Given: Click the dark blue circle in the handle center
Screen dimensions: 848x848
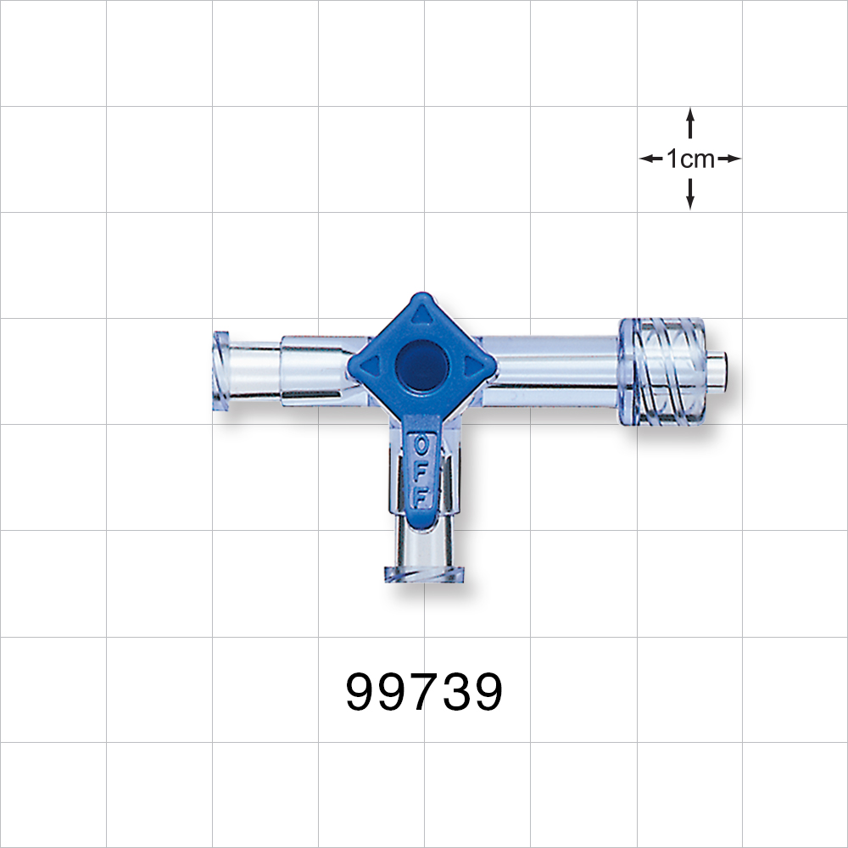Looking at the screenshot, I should coord(421,365).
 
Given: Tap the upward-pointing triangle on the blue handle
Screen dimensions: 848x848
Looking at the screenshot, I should coord(421,315).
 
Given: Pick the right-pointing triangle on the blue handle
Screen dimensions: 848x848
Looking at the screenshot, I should coord(472,366).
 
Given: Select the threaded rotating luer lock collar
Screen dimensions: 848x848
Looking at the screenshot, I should coord(663,371).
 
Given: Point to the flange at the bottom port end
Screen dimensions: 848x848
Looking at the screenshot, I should coord(427,574).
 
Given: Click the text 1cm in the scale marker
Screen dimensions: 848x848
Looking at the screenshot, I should coord(690,159).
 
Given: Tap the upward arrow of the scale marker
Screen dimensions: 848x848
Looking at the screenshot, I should coord(690,122).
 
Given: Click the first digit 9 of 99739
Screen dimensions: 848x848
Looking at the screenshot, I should coord(363,693).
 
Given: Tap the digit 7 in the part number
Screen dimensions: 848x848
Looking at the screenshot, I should coord(424,693).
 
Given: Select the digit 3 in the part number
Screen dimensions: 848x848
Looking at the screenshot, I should coord(455,693).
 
